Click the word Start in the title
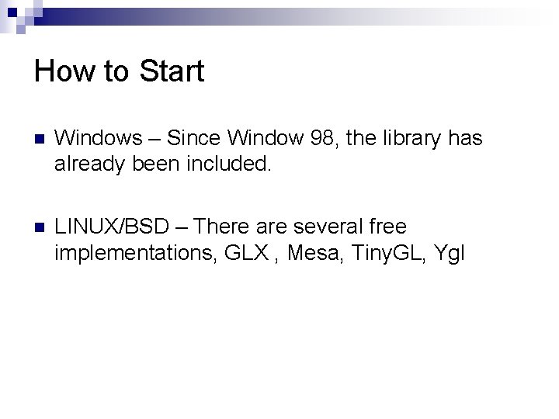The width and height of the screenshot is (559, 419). tap(172, 71)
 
